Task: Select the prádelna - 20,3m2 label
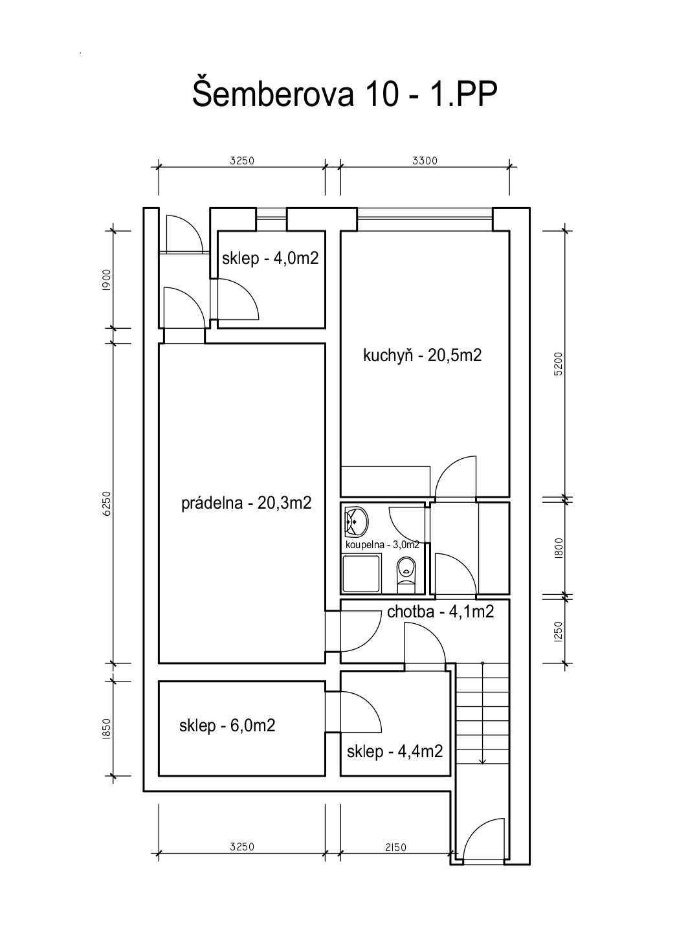[247, 504]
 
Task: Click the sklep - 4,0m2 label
[271, 258]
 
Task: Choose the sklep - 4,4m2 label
[395, 751]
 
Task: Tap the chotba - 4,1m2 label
[441, 612]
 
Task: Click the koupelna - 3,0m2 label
[383, 545]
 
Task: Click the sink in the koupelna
[356, 520]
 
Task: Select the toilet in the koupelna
[406, 575]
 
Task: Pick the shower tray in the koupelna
[362, 573]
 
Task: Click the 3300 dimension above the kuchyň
[425, 161]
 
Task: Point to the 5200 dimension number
[559, 364]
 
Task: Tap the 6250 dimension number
[107, 504]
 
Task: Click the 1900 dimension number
[107, 280]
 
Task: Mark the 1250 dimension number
[559, 632]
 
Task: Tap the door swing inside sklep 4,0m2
[239, 300]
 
